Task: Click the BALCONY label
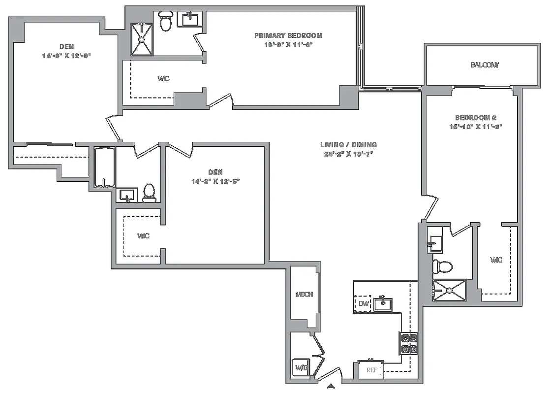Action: coord(485,65)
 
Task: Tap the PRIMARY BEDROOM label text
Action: coord(288,35)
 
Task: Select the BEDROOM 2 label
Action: coord(475,118)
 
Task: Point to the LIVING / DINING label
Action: coord(348,145)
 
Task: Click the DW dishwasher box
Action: coord(363,303)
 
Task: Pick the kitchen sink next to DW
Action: coord(383,304)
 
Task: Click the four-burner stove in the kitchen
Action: coord(409,344)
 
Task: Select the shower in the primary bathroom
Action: coord(142,39)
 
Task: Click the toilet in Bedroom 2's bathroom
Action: coord(442,266)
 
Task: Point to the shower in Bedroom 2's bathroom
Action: coord(449,290)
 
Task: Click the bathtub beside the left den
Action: coord(104,167)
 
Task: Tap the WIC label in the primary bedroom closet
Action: coord(164,79)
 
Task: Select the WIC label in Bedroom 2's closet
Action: coord(497,260)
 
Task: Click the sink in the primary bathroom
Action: coord(190,20)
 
